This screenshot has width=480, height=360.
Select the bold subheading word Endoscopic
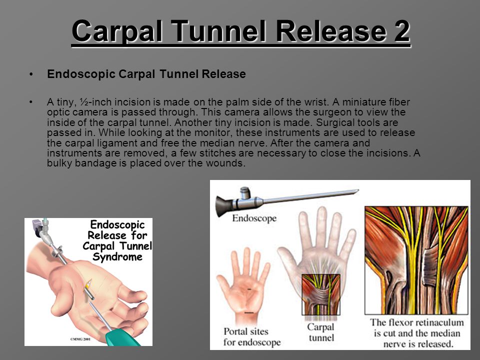click(81, 74)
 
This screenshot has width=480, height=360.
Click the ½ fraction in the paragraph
click(84, 102)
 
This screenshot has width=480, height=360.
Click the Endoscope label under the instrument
click(254, 218)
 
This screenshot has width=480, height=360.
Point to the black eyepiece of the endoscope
click(224, 205)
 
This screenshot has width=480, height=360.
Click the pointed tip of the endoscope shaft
click(358, 191)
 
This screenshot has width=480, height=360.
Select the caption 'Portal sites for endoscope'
click(251, 336)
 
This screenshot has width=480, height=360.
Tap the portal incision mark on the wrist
click(249, 312)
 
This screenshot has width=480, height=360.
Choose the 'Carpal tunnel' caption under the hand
click(321, 332)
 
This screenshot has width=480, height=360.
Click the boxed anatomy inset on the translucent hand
click(321, 294)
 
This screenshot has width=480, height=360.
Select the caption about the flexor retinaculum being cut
click(417, 333)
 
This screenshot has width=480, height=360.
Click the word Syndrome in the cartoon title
click(117, 257)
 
